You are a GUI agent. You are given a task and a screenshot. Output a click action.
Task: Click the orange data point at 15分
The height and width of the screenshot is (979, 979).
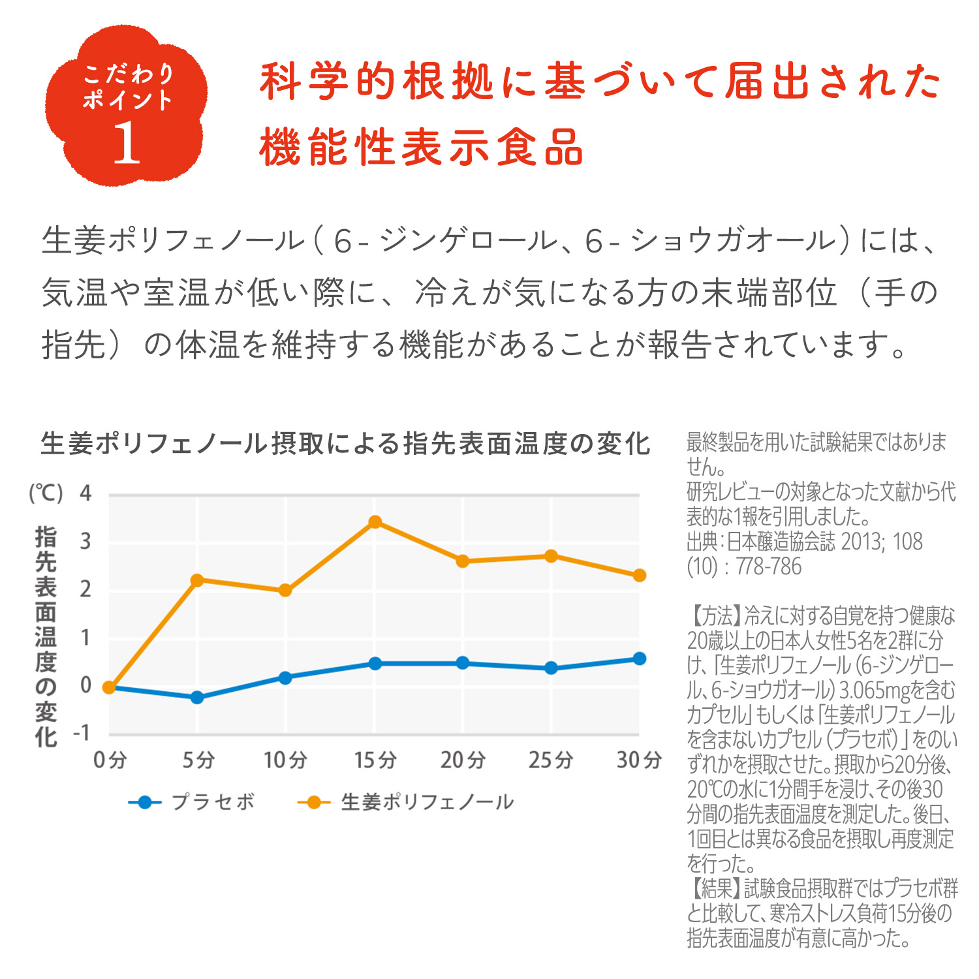375,522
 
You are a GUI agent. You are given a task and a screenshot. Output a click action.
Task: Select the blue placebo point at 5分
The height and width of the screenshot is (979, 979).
197,698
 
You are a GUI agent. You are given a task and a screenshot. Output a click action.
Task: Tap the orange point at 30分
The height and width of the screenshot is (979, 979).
640,575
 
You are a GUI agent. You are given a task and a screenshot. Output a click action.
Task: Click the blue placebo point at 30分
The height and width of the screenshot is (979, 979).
640,659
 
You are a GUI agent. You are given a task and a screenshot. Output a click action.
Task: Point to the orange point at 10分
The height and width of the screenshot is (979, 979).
285,591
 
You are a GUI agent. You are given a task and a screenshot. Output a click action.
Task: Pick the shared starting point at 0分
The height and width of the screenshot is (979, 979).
109,687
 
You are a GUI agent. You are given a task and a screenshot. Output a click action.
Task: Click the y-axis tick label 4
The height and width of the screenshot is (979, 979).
85,493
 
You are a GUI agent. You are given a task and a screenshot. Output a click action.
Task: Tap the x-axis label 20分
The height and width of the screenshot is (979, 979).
463,760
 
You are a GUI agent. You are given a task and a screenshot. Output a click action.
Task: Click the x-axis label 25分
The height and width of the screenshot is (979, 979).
551,760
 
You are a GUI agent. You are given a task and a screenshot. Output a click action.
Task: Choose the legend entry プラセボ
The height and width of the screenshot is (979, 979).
213,802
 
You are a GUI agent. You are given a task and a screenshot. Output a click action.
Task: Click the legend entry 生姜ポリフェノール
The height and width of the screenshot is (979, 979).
427,802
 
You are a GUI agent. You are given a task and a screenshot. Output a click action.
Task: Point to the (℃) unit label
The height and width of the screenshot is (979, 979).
46,493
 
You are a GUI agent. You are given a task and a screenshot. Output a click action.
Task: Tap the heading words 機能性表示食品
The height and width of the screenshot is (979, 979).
421,148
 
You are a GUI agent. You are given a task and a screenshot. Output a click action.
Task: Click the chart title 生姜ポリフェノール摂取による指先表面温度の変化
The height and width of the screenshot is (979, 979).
345,444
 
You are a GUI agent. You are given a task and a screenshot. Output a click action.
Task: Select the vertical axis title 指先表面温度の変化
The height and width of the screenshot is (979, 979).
46,636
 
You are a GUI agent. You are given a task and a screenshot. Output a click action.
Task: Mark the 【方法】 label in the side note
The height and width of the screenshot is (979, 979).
715,615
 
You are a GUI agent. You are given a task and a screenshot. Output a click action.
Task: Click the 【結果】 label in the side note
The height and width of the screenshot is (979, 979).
715,888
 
